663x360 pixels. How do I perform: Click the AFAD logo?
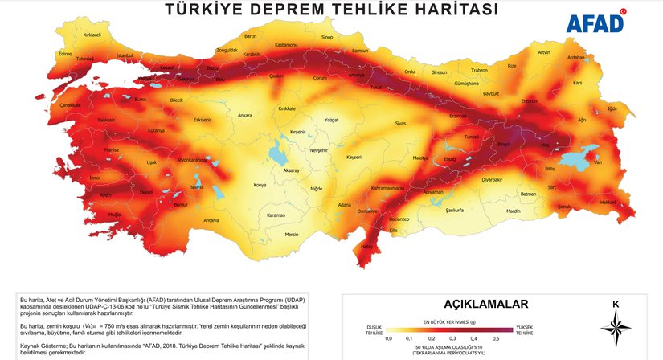point(596,23)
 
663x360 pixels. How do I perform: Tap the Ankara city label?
point(245,115)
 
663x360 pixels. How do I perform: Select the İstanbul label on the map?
point(125,55)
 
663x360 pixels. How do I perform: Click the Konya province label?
point(259,184)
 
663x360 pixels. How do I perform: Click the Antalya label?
point(211,219)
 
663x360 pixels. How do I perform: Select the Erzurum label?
point(529,101)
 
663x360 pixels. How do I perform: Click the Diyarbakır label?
point(492,180)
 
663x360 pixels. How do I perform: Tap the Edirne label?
point(43,53)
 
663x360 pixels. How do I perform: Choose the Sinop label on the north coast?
point(327,37)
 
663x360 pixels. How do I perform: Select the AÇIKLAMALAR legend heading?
point(486,304)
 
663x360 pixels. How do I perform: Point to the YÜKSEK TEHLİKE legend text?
point(525,329)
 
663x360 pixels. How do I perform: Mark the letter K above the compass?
point(616,304)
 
